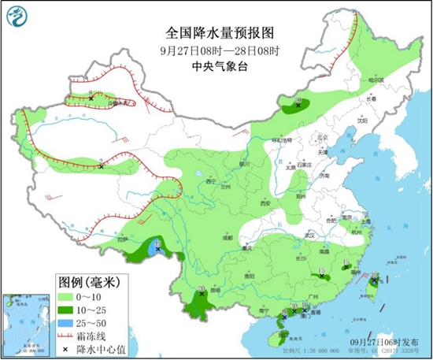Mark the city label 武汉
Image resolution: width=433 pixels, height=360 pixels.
click(309, 235)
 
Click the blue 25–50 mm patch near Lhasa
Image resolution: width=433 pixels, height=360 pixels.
click(152, 251)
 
